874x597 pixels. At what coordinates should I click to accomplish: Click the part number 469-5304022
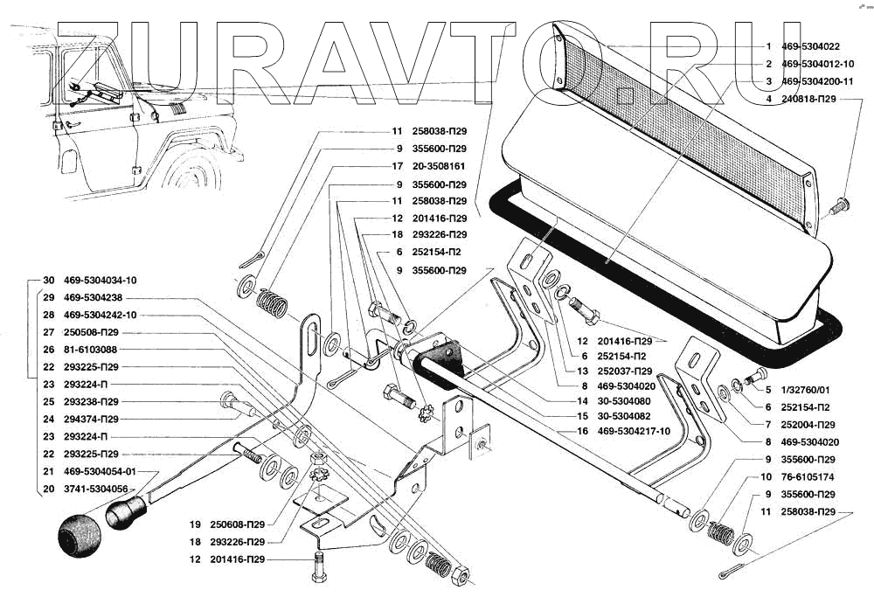pyautogui.click(x=810, y=47)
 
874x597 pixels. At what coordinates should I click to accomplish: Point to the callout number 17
pyautogui.click(x=397, y=166)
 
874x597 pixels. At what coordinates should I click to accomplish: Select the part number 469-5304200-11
pyautogui.click(x=816, y=81)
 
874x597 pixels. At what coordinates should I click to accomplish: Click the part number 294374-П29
pyautogui.click(x=91, y=420)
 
